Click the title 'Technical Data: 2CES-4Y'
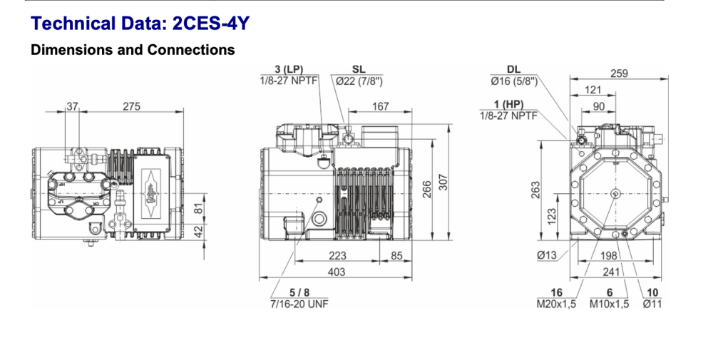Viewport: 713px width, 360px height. click(x=140, y=24)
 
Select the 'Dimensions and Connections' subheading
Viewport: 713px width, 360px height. click(x=133, y=51)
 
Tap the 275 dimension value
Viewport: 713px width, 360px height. click(x=131, y=106)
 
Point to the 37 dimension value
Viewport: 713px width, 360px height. click(x=73, y=106)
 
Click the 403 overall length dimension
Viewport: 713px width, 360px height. click(x=336, y=272)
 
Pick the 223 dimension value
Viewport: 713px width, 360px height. click(x=338, y=256)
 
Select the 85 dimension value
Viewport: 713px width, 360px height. click(x=396, y=256)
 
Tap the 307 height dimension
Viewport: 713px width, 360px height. click(x=444, y=184)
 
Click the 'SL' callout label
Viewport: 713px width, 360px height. click(x=359, y=69)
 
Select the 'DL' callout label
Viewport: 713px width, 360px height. click(x=513, y=69)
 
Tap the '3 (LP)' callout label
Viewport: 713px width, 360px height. click(x=289, y=69)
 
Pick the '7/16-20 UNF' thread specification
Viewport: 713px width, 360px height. click(x=299, y=303)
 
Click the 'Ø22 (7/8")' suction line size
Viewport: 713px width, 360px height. click(x=359, y=81)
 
